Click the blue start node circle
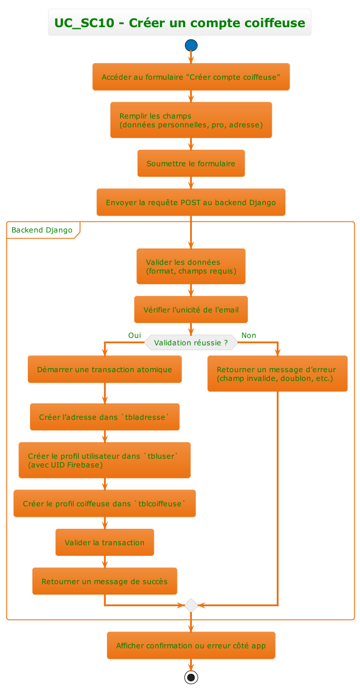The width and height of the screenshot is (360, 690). coord(191,45)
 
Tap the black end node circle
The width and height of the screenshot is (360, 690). coord(191,677)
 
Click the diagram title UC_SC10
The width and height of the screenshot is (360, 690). coord(180,23)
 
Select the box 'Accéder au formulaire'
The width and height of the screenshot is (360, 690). coord(191,77)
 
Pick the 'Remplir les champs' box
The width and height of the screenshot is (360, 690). coord(191,120)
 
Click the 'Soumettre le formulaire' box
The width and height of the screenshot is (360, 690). coord(191,164)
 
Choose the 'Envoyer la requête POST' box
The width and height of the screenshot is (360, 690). coord(191,202)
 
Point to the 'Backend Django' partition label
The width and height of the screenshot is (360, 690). coord(42,230)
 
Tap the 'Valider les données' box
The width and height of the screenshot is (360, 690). coord(191,266)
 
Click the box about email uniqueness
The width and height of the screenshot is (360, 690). coord(191,309)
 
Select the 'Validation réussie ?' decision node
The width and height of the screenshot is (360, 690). coord(191,342)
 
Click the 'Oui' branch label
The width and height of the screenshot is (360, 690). coord(134,335)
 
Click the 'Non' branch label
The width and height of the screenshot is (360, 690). coord(248,335)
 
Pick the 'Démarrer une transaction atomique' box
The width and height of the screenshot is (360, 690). coord(105,369)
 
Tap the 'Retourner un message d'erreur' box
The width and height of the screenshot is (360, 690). coord(277,374)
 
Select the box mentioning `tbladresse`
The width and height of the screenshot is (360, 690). coord(105,417)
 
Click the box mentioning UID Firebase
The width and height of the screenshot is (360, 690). coord(105,460)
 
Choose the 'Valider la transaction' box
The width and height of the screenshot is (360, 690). coord(105,542)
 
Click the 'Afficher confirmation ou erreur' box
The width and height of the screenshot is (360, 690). coord(191,645)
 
